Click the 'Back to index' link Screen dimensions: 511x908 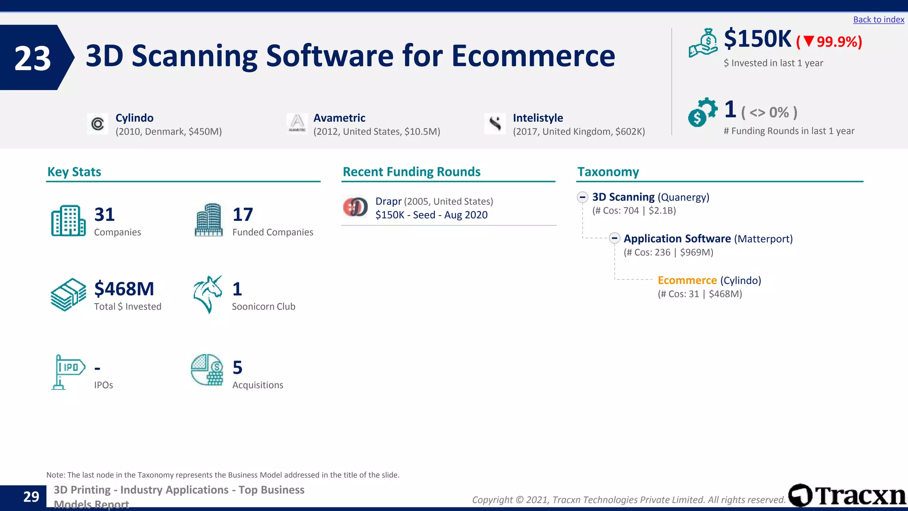[878, 20]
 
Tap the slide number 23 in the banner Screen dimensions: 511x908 [32, 58]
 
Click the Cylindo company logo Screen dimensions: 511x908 [98, 124]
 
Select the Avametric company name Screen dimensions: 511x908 [339, 118]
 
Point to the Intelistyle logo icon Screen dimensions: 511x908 [495, 123]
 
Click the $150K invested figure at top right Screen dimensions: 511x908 [757, 39]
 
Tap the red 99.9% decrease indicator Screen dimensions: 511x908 [829, 42]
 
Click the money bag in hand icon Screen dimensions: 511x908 [703, 43]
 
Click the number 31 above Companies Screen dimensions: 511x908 [105, 215]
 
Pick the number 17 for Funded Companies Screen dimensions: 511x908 [243, 215]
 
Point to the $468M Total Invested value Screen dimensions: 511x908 [124, 289]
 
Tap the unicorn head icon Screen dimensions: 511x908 [207, 294]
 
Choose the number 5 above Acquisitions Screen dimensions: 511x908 [238, 368]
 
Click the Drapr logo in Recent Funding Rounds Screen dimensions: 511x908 [355, 207]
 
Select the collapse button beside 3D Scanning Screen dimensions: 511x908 [583, 197]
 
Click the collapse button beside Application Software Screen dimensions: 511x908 [614, 239]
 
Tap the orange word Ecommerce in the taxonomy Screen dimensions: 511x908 [687, 280]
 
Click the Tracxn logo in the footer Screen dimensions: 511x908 [847, 495]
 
